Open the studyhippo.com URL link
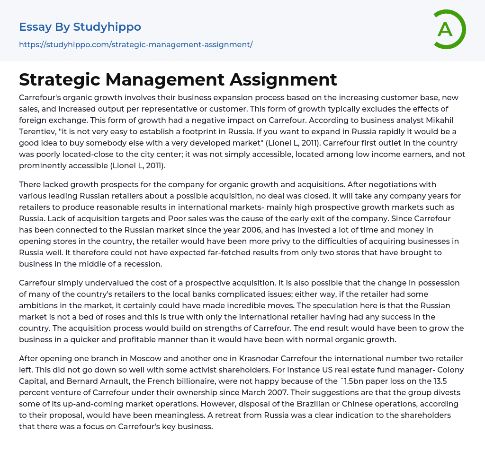point(135,44)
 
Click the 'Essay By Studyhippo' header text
point(80,27)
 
